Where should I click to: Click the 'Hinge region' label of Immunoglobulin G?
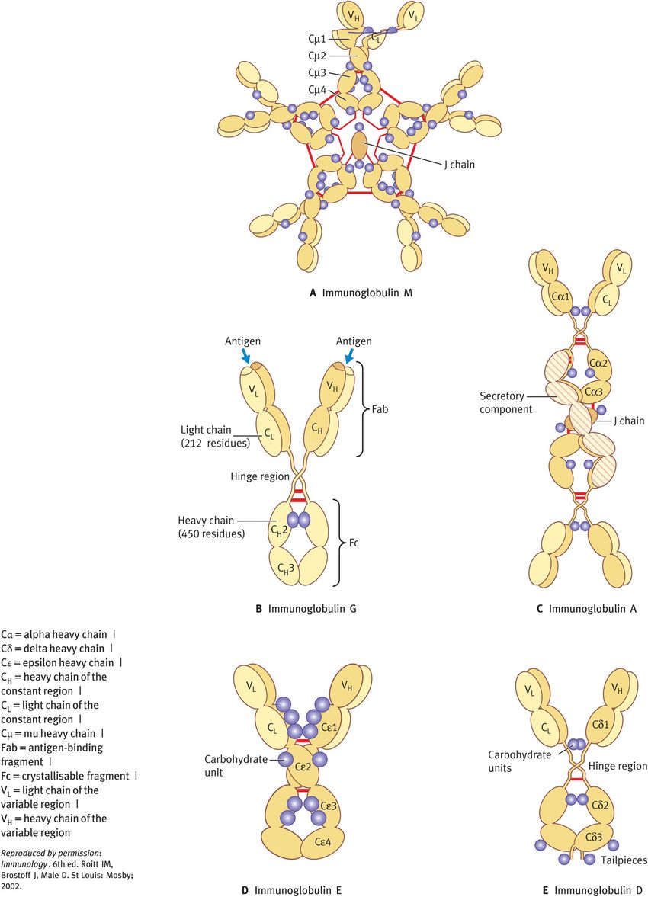click(261, 476)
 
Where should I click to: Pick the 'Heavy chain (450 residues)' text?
click(211, 527)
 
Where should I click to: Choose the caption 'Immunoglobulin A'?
click(587, 608)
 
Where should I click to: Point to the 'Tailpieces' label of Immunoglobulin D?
click(622, 860)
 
